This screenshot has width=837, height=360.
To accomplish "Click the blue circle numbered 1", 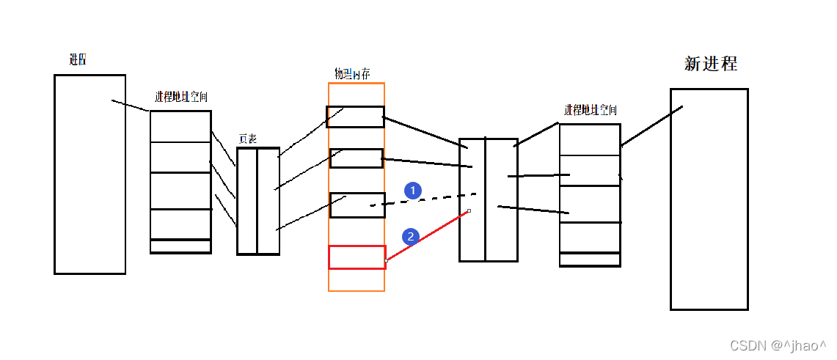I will click(413, 191).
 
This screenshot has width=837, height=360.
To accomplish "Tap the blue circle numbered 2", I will click(411, 236).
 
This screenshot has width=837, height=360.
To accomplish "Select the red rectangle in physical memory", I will click(357, 257).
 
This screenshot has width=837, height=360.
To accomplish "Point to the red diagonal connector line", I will click(428, 236).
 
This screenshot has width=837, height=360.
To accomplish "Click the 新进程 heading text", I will click(710, 64).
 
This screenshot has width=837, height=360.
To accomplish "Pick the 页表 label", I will click(248, 139).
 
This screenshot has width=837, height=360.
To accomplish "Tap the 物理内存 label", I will click(351, 74).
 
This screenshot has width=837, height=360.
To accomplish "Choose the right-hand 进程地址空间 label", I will click(591, 111).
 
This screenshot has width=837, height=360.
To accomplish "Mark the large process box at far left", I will click(89, 174).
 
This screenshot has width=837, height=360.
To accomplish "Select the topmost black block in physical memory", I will click(355, 117).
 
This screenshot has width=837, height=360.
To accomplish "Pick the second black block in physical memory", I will click(357, 158).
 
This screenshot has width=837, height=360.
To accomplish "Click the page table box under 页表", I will click(258, 202).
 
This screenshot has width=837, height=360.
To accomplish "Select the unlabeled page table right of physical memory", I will click(488, 199).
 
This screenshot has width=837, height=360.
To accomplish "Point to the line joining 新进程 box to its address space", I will click(651, 126).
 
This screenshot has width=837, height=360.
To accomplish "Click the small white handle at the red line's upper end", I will click(469, 211).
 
